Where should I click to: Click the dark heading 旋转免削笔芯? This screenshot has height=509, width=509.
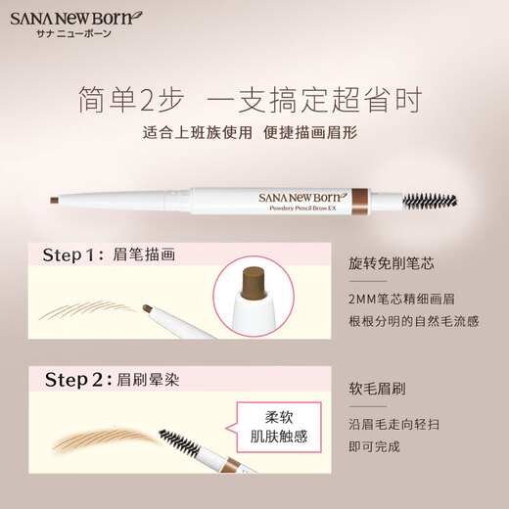point(389,262)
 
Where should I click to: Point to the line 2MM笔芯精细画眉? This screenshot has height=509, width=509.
point(406,299)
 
